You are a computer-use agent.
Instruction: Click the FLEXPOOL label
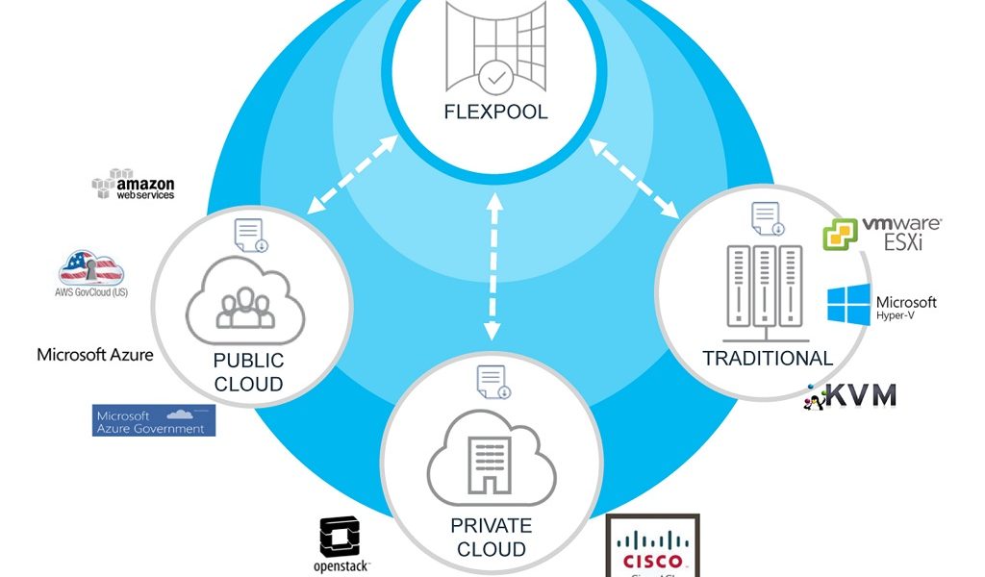[x=495, y=113]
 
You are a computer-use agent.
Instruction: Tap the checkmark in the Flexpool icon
[x=495, y=74]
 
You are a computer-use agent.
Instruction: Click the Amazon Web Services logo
[x=134, y=185]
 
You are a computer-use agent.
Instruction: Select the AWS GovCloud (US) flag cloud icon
[x=92, y=269]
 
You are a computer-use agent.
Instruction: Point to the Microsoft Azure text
[x=94, y=354]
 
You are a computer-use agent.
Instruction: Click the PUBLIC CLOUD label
[x=248, y=372]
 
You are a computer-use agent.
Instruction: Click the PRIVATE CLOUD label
[x=491, y=538]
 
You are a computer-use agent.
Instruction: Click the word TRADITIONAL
[x=767, y=359]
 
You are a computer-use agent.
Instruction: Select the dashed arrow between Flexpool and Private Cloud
[x=493, y=265]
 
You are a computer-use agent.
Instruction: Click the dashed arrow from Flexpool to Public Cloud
[x=352, y=174]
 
